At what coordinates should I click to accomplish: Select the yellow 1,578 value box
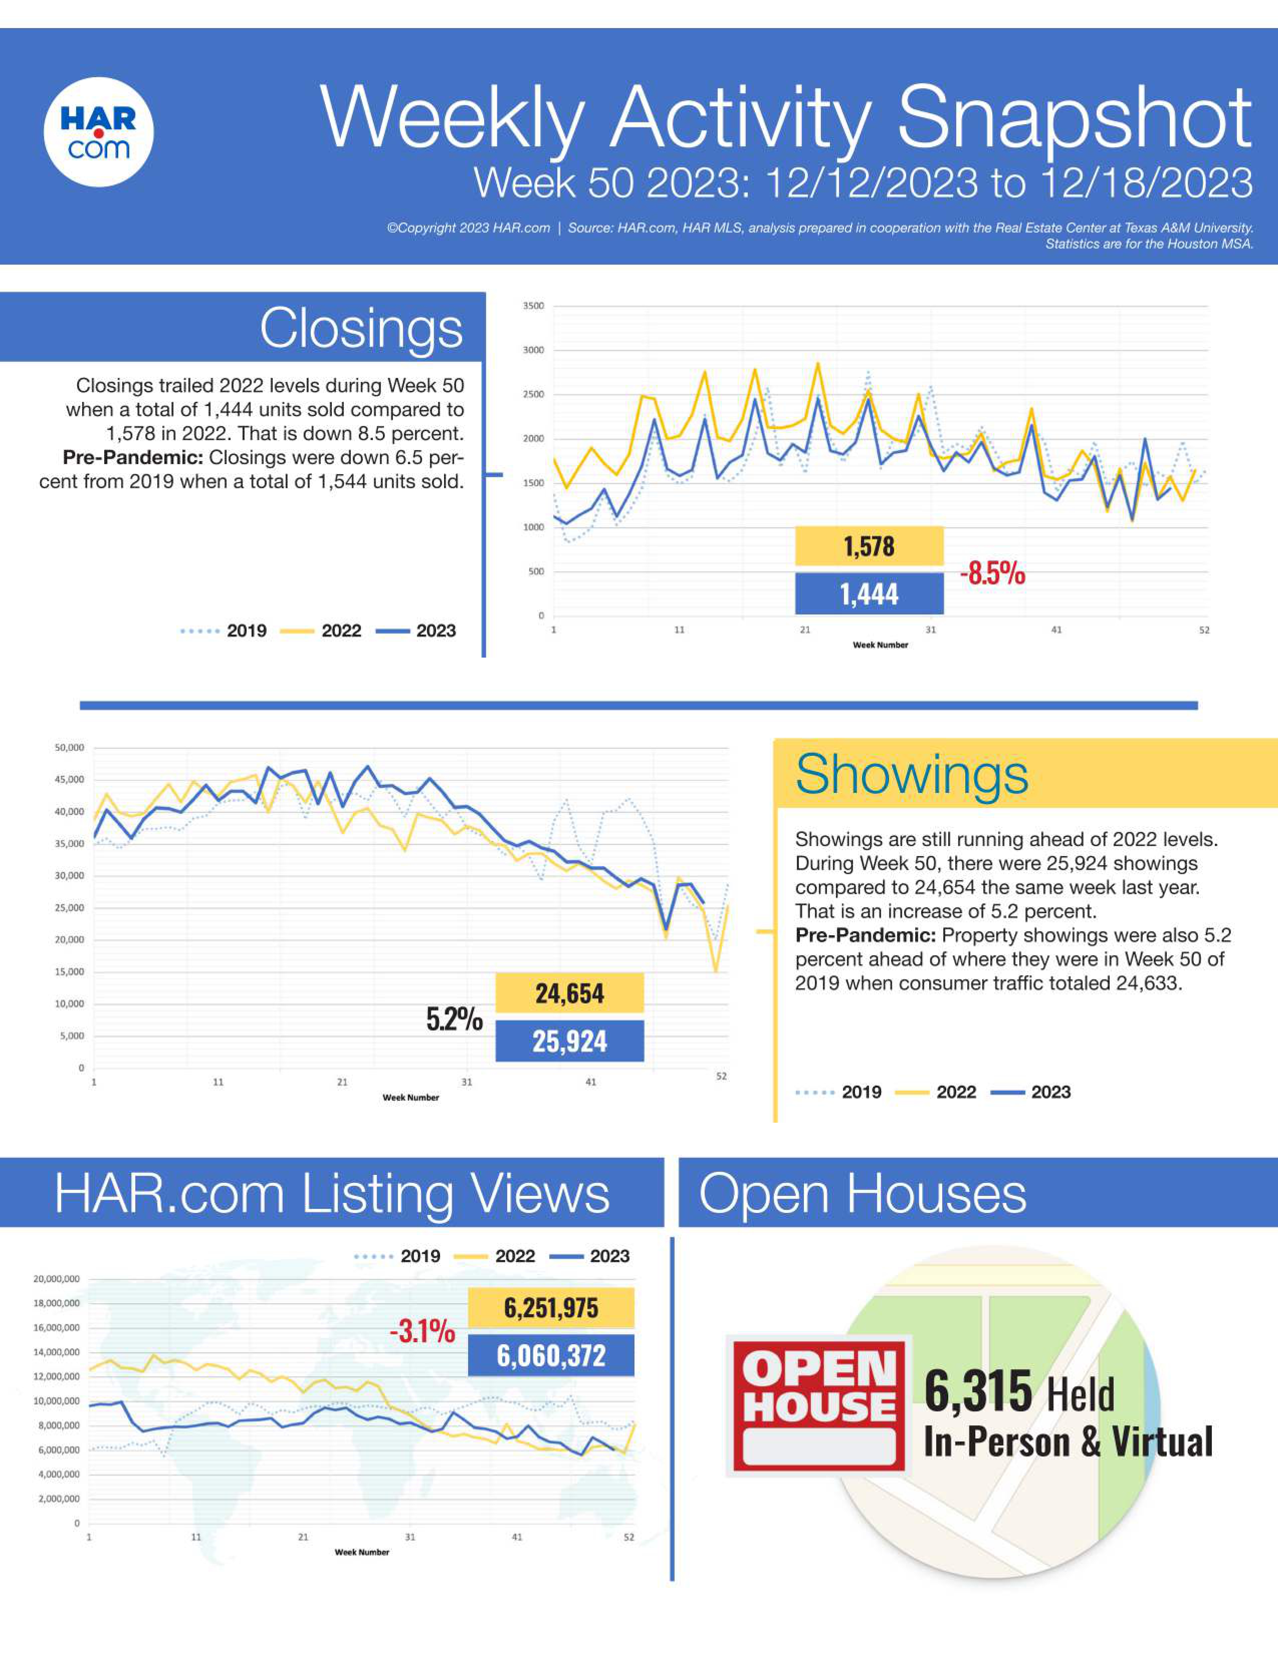(x=869, y=546)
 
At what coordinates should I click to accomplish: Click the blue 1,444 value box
(x=869, y=594)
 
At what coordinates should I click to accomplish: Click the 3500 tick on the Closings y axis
(x=533, y=306)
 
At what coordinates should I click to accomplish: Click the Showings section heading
(x=912, y=775)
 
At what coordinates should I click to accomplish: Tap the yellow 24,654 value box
(x=569, y=993)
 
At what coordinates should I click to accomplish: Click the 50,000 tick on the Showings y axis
(x=69, y=748)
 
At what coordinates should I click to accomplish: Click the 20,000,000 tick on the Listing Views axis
(x=56, y=1279)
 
